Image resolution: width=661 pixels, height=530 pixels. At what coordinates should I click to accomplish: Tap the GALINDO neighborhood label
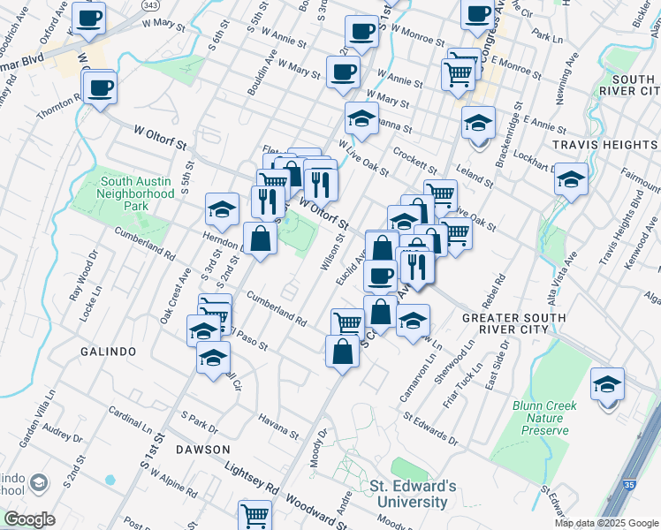[x=107, y=352]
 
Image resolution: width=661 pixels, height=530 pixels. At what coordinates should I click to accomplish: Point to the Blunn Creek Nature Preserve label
[x=540, y=418]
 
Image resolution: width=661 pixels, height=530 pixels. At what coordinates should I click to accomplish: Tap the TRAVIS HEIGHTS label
[x=605, y=144]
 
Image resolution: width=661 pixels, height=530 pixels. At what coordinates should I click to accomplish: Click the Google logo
[x=29, y=519]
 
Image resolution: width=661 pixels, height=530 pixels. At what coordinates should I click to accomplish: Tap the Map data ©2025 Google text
[x=607, y=523]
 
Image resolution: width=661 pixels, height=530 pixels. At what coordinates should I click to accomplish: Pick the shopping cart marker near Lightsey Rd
[x=255, y=515]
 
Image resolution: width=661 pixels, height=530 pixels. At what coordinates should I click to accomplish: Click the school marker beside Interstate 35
[x=607, y=385]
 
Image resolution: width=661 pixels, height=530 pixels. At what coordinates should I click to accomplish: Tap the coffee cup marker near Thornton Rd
[x=101, y=88]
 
